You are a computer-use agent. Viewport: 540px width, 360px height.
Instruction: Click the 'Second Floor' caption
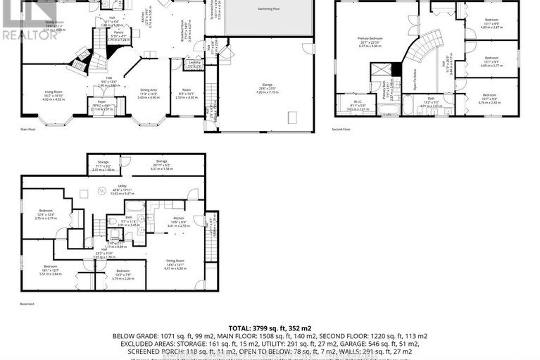(342, 130)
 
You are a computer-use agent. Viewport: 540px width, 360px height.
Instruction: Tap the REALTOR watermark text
(30, 33)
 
